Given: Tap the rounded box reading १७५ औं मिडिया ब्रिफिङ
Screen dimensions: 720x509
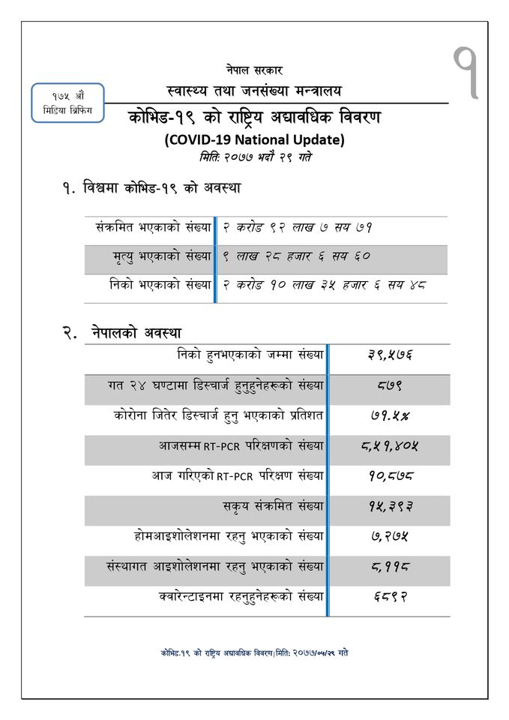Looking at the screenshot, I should click(x=67, y=104).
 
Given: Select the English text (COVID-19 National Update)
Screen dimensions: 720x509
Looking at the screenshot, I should click(x=254, y=139).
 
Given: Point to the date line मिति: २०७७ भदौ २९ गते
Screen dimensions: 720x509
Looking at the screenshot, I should click(x=255, y=157).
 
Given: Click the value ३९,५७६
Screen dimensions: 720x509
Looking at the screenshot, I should click(x=389, y=355).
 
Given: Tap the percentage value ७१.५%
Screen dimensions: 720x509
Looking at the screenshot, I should click(x=389, y=415).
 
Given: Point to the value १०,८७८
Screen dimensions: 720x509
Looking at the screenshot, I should click(x=389, y=476).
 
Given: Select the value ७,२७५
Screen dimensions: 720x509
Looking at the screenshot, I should click(x=389, y=536).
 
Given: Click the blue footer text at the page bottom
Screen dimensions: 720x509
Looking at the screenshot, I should click(x=254, y=653).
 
